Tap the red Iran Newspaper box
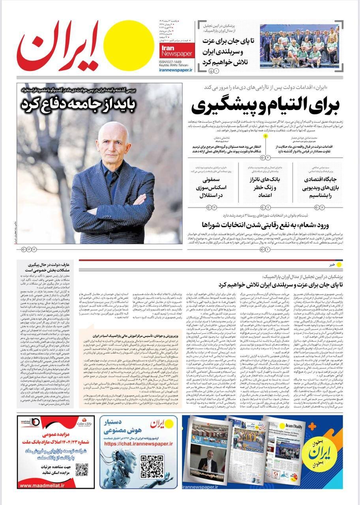pyautogui.click(x=176, y=50)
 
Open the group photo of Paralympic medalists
pyautogui.click(x=299, y=46)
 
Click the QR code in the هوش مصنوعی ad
pyautogui.click(x=152, y=467)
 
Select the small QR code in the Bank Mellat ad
pyautogui.click(x=82, y=470)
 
